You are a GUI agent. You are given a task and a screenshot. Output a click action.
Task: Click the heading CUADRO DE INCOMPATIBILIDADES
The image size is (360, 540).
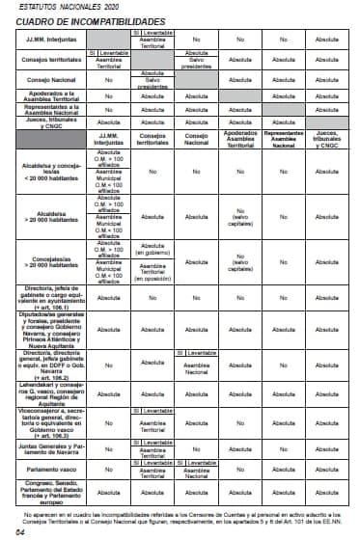pos(76,20)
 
